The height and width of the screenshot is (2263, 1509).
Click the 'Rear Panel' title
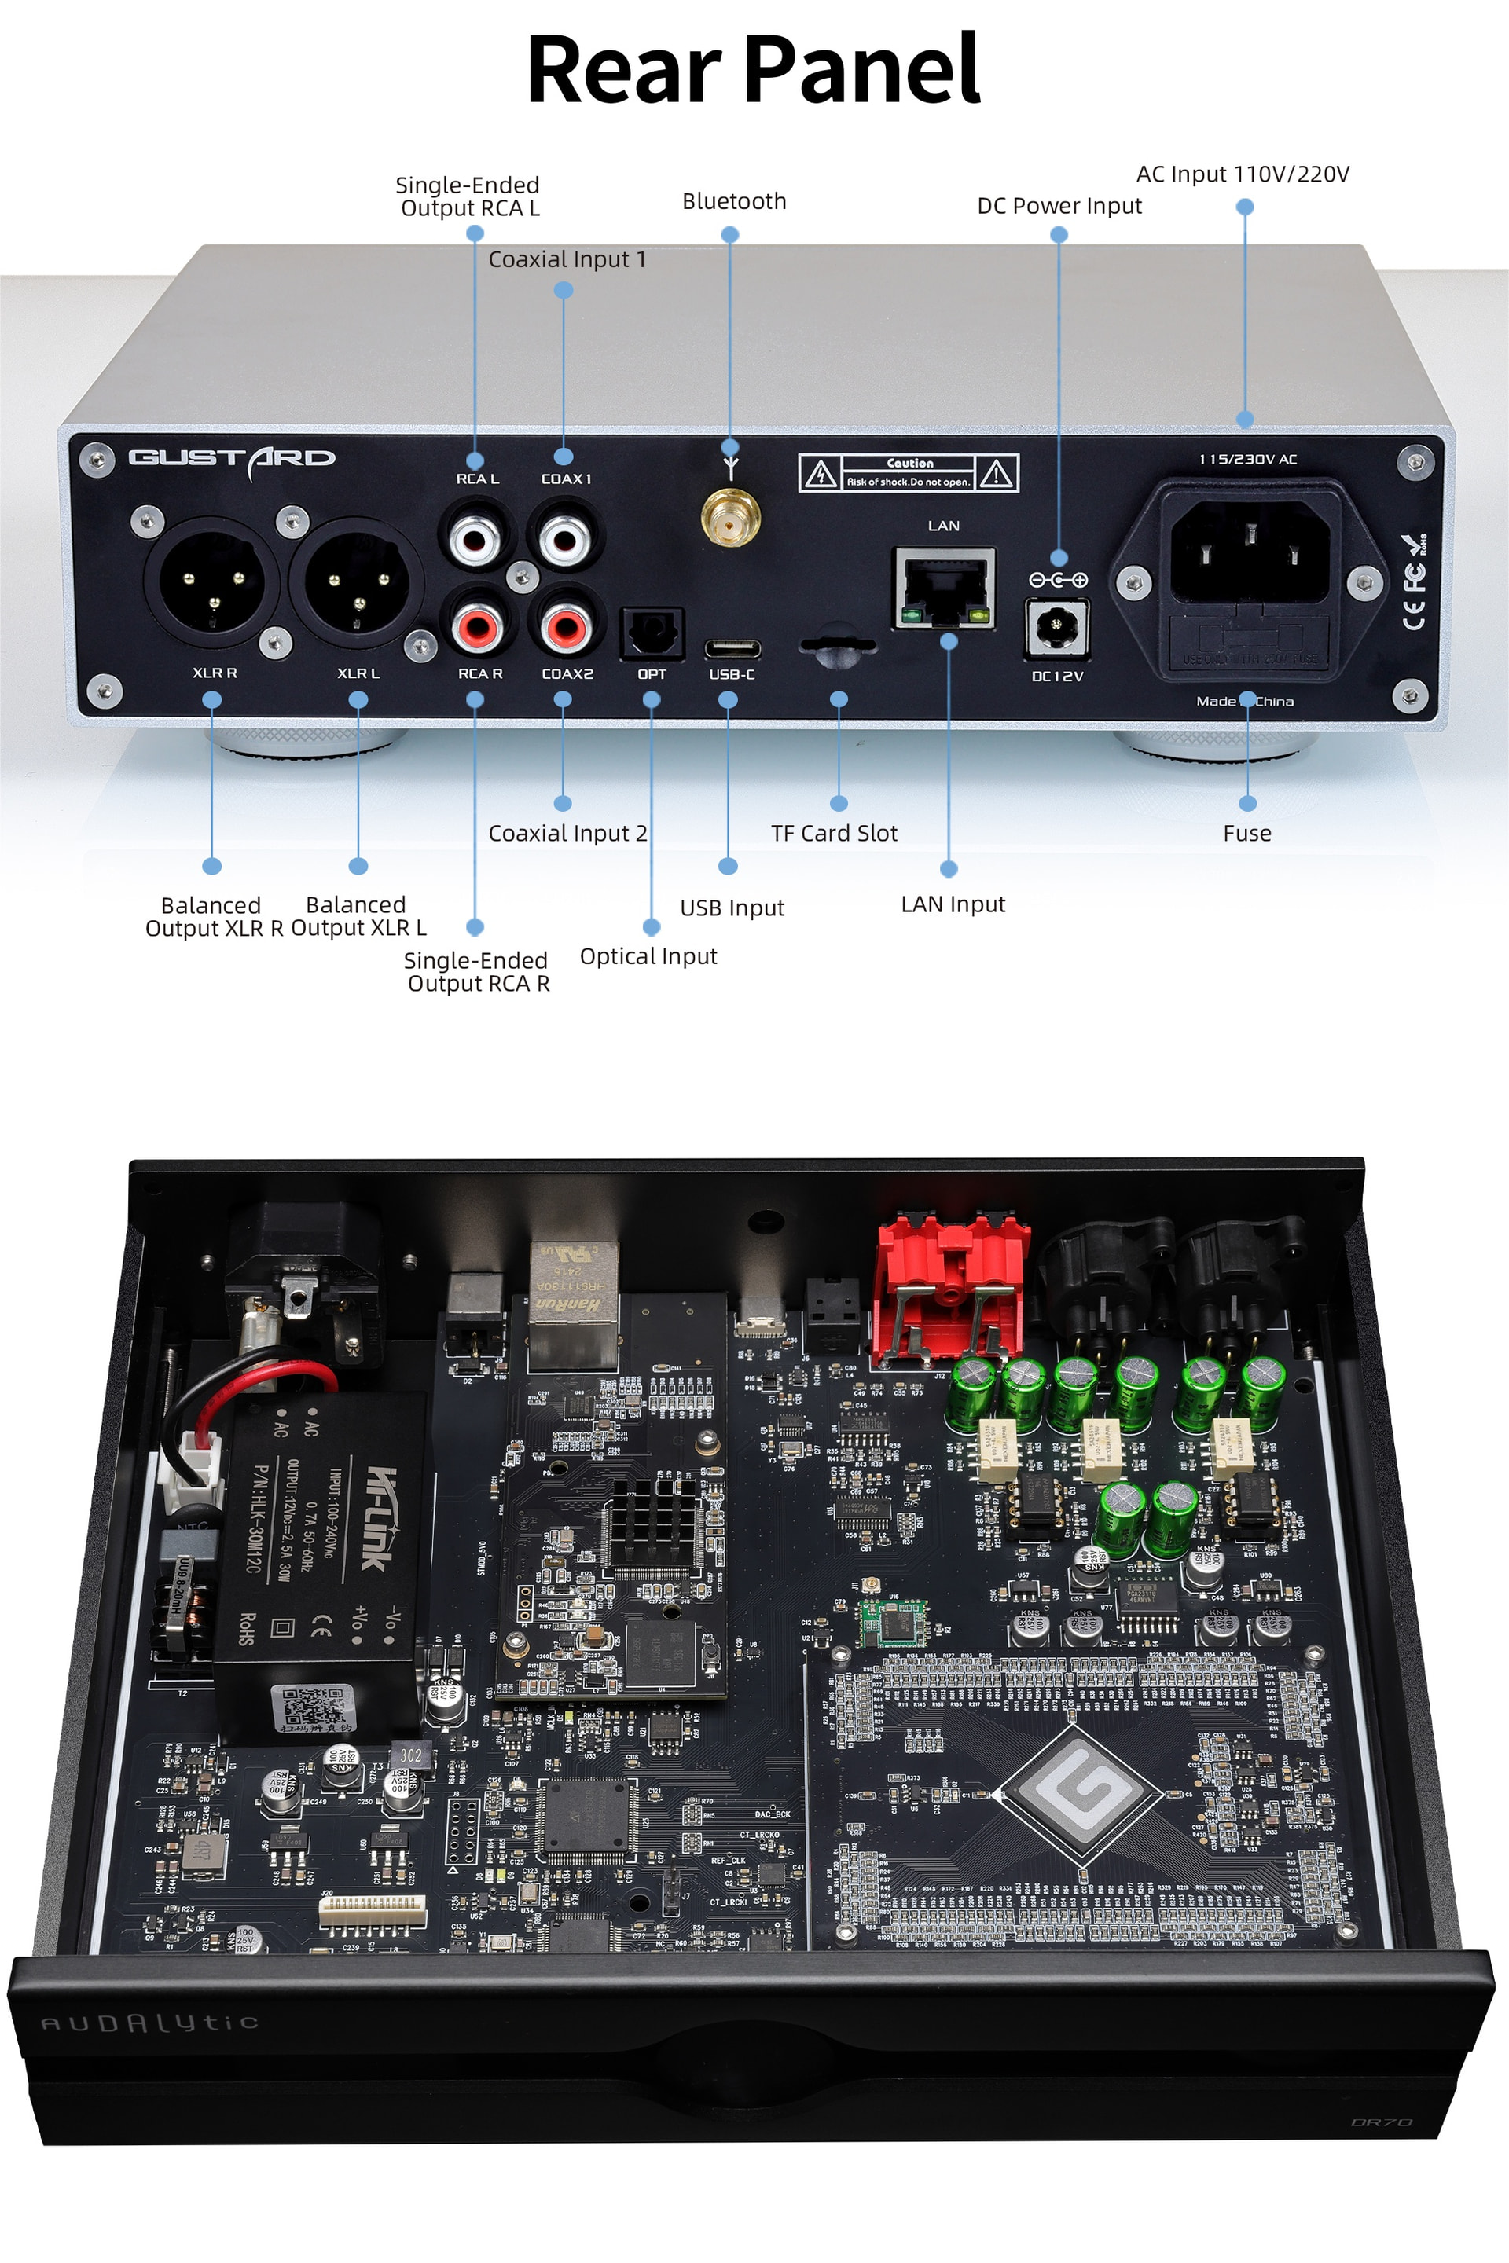click(753, 69)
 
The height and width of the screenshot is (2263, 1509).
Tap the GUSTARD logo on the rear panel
click(232, 459)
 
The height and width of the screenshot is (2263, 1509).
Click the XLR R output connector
click(211, 582)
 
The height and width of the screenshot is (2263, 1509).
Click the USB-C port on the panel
click(732, 647)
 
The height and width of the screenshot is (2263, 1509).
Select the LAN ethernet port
click(944, 589)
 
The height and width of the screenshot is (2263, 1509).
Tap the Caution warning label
click(908, 472)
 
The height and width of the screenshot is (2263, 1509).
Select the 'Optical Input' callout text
click(648, 956)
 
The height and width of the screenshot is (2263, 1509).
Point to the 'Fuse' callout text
click(1246, 833)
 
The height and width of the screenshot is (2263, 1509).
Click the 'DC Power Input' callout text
click(1059, 206)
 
